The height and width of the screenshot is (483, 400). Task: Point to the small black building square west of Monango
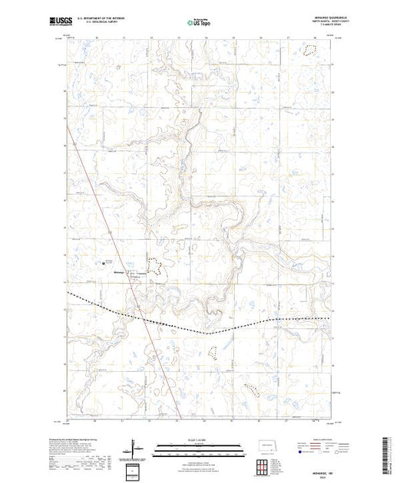(104, 265)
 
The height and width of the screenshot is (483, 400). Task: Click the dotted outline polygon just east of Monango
(154, 266)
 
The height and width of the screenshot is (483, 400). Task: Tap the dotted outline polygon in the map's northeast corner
(309, 51)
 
